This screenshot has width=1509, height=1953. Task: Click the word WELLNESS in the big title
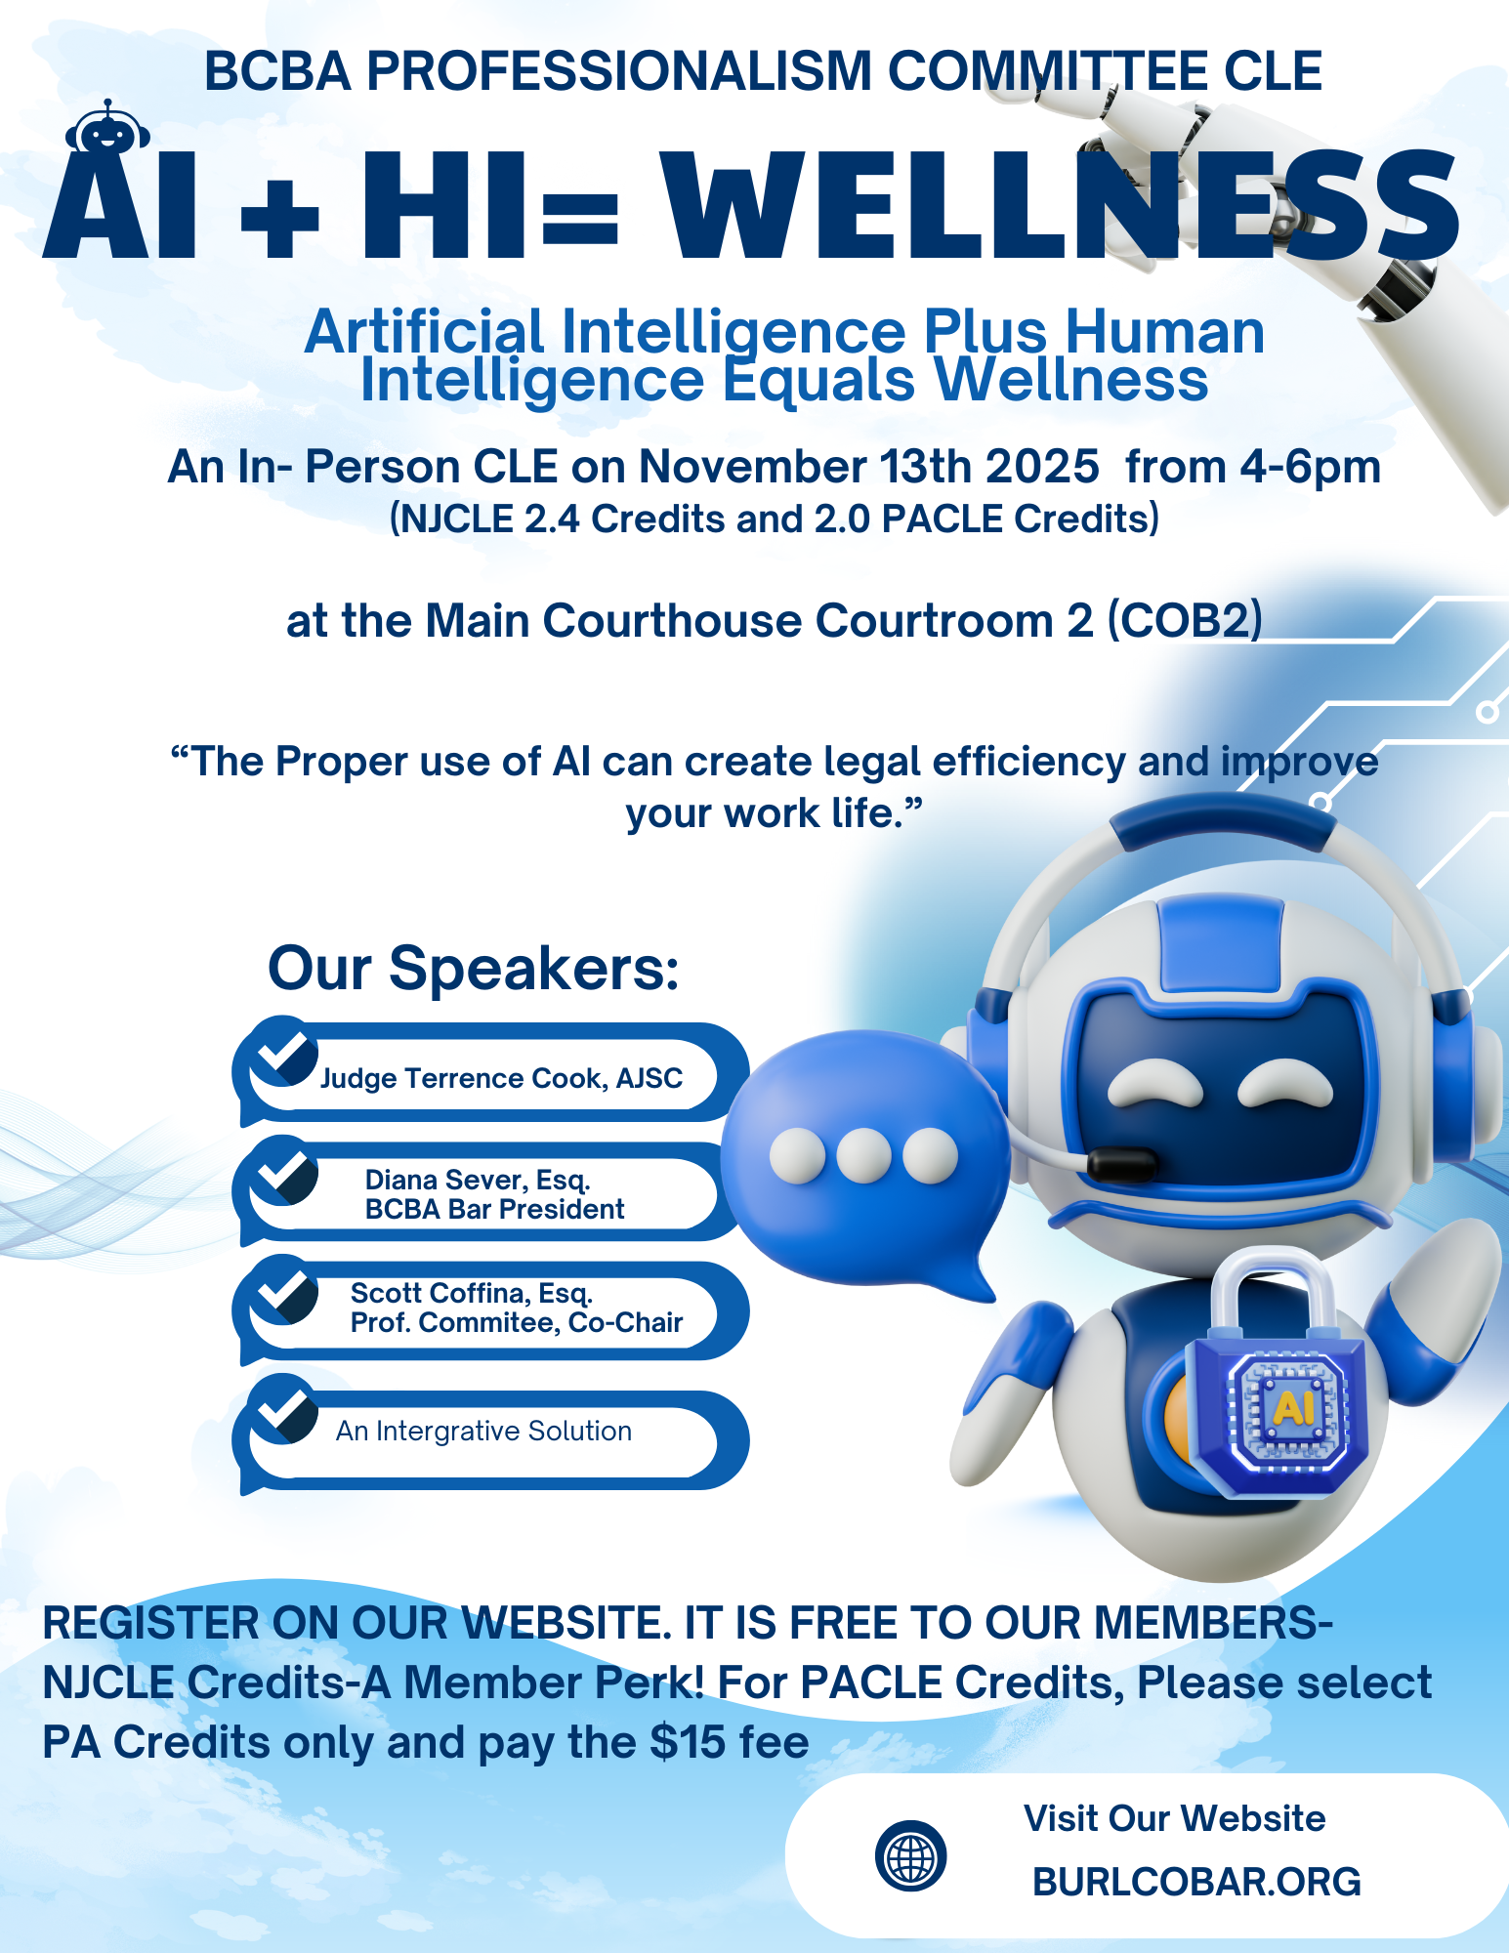[1061, 206]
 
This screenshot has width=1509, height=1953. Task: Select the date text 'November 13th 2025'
[869, 467]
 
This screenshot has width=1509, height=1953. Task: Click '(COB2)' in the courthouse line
[1184, 621]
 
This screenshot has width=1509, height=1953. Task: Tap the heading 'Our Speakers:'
[474, 969]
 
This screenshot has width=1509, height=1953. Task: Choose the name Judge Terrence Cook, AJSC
[501, 1078]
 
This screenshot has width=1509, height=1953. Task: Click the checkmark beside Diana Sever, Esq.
[284, 1169]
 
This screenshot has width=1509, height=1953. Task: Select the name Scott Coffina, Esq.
[472, 1293]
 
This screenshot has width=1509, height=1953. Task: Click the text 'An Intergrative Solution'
[483, 1431]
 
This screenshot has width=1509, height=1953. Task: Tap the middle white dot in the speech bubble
[864, 1156]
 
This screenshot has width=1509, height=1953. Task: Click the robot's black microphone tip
[1122, 1162]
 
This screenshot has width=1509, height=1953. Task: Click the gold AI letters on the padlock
[1294, 1407]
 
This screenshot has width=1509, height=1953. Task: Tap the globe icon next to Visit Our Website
[910, 1855]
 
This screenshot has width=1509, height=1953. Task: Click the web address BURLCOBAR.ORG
[1196, 1882]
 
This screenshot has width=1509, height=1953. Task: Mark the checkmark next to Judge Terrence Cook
[284, 1050]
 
